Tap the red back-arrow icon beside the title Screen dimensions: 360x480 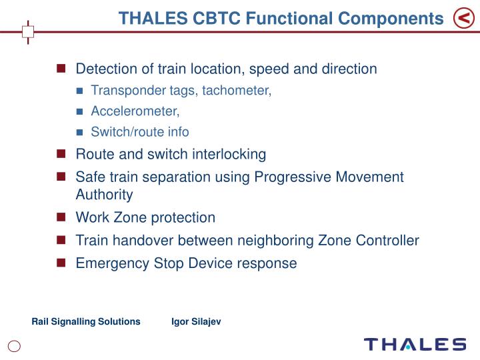[463, 19]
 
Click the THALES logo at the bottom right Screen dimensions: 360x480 [415, 345]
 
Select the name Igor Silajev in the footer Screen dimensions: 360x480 [196, 321]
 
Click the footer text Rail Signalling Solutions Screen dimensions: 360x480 [86, 321]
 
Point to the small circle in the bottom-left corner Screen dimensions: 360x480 [15, 345]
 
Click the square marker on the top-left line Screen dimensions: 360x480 [28, 31]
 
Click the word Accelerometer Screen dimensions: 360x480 [135, 111]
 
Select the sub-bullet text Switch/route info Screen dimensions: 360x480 [140, 132]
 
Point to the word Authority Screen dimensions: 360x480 [104, 195]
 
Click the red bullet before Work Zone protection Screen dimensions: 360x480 [61, 217]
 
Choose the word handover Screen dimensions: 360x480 [140, 240]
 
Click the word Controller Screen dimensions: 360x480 [389, 240]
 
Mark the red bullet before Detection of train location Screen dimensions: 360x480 [61, 69]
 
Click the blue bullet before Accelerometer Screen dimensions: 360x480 [79, 111]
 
